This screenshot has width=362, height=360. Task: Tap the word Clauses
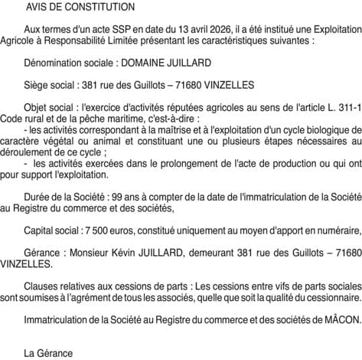(x=43, y=286)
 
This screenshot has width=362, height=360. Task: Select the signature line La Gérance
(x=48, y=353)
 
